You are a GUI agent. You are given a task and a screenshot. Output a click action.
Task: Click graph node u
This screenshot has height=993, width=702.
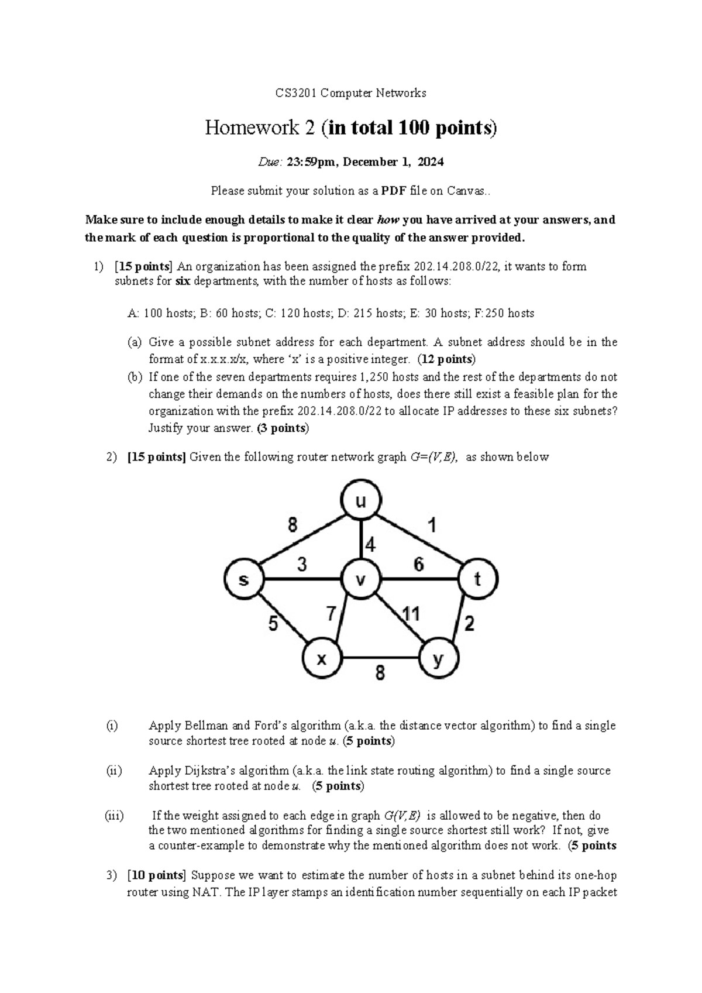361,501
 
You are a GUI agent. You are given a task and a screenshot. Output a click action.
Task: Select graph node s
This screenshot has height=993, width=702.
244,580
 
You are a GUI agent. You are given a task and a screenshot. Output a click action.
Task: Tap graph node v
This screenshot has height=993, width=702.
361,580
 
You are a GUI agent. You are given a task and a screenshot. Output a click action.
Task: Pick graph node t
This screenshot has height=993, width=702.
478,580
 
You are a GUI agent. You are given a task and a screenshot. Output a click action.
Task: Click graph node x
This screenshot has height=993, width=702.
322,659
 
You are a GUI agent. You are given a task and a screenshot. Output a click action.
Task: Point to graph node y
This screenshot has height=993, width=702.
439,659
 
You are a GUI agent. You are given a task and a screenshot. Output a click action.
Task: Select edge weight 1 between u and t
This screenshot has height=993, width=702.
432,526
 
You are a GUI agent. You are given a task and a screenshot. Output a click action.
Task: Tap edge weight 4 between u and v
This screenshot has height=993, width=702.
370,545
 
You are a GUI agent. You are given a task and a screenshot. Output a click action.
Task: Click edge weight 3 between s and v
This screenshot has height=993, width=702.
302,565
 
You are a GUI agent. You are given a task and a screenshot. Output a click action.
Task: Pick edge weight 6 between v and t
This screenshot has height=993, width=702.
419,565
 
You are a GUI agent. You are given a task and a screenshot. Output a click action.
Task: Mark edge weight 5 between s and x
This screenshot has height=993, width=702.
273,624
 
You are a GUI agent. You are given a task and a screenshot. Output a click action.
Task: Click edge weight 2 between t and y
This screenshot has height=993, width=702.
469,624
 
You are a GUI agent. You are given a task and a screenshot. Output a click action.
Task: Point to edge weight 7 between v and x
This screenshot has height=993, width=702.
332,614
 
